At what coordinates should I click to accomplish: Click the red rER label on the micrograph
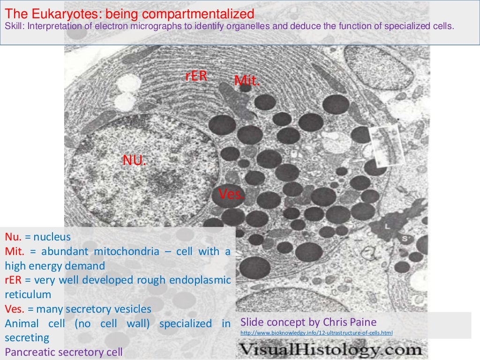(x=196, y=76)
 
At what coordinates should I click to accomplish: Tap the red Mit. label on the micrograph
(x=247, y=81)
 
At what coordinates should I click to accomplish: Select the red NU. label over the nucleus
(x=135, y=161)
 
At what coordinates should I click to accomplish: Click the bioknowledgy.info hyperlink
(x=316, y=333)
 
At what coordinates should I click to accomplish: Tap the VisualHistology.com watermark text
(x=330, y=350)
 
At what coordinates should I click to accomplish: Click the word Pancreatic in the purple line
(x=27, y=351)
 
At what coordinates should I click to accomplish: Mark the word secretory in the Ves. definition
(x=87, y=309)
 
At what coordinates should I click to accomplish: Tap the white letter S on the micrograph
(x=404, y=239)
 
